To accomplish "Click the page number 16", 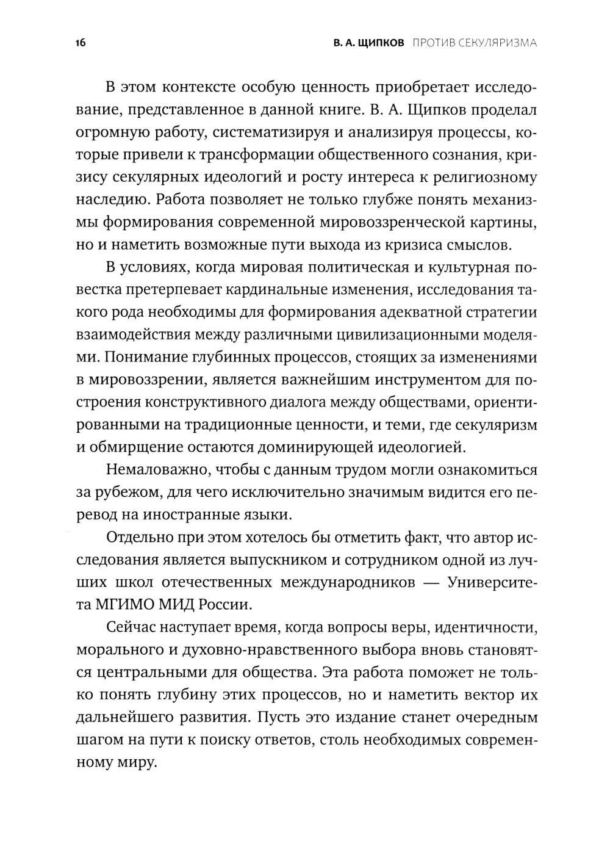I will [80, 43].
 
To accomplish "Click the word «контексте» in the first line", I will [191, 87].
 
